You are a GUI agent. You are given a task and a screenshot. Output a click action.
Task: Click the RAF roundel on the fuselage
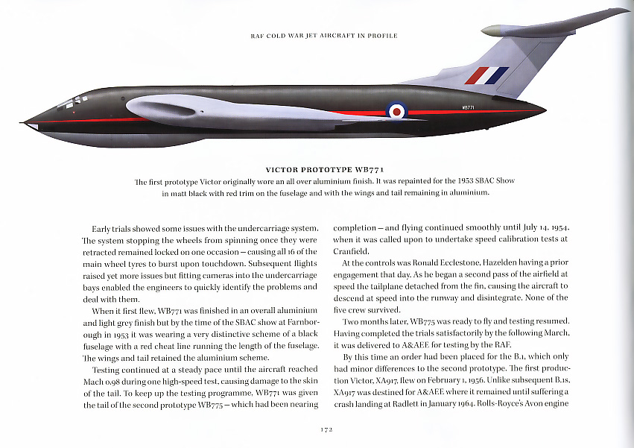click(397, 111)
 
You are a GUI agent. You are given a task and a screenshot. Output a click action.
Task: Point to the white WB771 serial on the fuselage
click(469, 107)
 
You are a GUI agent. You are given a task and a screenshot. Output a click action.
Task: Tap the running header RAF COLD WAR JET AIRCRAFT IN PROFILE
click(324, 36)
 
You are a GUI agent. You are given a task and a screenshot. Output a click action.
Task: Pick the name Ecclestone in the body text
click(457, 262)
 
